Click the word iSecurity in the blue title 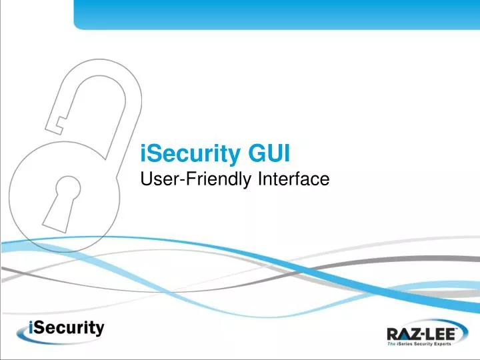point(193,153)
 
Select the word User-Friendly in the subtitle point(188,179)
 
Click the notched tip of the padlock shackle point(59,124)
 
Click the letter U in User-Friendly point(148,178)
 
